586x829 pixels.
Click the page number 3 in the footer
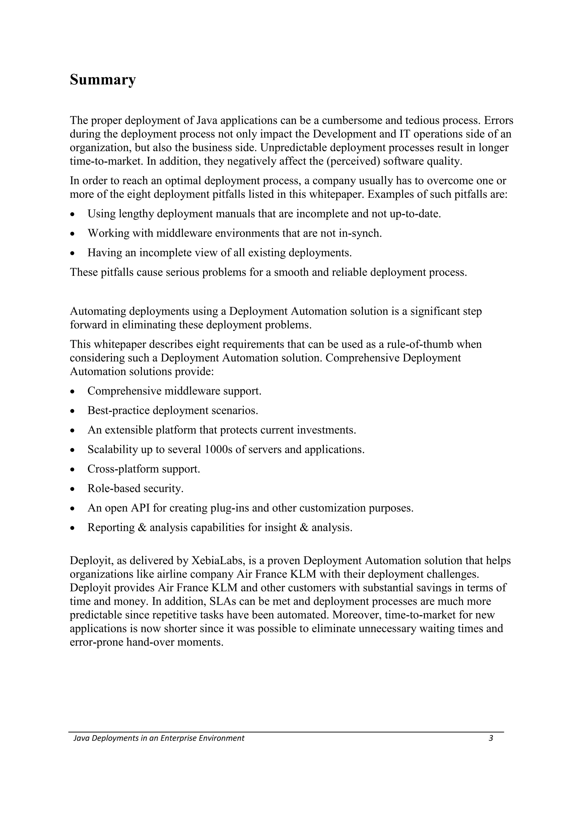pos(490,738)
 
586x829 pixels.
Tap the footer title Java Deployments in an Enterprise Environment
pos(159,738)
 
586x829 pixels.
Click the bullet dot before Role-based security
pos(73,489)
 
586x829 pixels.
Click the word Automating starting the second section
pos(98,311)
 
